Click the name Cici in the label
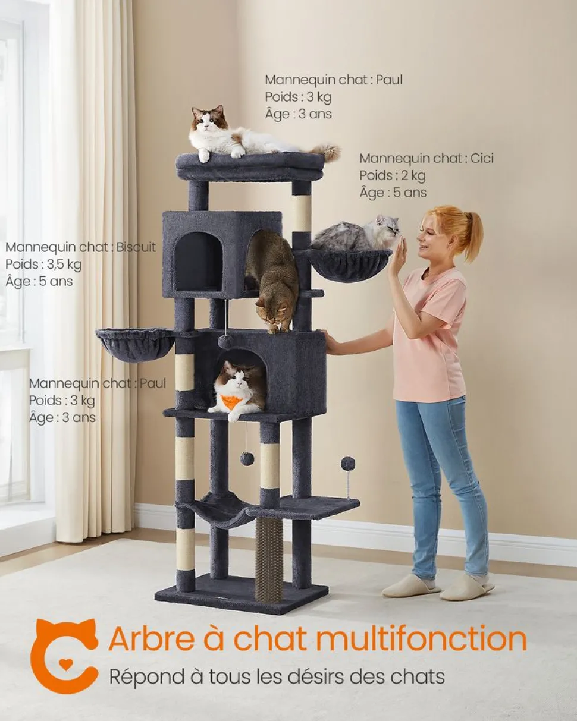(x=482, y=158)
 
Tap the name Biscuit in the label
(x=136, y=247)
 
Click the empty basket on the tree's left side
(x=136, y=344)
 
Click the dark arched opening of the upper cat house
(x=199, y=261)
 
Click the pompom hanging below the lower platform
(x=246, y=459)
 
